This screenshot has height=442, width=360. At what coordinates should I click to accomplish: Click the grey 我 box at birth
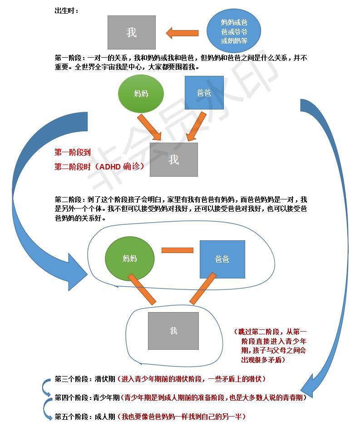[131, 32]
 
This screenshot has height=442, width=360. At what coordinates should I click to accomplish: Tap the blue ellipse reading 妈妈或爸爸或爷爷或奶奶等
[234, 31]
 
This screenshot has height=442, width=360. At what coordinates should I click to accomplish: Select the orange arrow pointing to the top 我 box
[182, 33]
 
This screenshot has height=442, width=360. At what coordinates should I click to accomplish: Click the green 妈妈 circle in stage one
[140, 94]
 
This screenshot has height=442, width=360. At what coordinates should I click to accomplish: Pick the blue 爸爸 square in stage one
[204, 93]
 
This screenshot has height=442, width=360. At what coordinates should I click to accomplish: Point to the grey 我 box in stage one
[173, 159]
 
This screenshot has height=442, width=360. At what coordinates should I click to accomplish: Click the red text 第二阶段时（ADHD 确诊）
[99, 167]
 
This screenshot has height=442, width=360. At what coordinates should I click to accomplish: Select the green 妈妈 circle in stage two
[129, 258]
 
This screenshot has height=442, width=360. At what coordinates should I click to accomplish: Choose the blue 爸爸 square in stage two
[222, 259]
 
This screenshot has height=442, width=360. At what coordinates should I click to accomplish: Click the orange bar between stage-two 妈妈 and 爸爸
[177, 250]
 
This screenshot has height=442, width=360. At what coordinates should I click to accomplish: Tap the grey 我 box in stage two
[173, 331]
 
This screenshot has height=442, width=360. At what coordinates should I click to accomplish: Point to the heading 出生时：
[66, 10]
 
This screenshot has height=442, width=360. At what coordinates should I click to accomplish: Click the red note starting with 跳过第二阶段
[270, 346]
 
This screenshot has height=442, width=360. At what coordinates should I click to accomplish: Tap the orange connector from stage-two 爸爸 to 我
[202, 289]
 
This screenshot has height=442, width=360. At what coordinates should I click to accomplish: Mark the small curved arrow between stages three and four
[47, 387]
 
